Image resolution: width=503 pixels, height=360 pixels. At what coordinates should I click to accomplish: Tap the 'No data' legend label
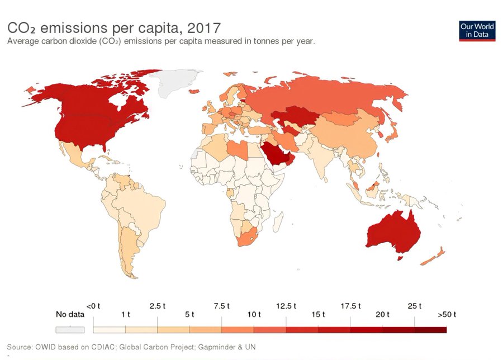point(70,314)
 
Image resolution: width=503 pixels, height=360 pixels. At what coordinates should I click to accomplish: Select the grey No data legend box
point(70,330)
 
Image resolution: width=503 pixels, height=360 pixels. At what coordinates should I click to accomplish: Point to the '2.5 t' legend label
point(158,306)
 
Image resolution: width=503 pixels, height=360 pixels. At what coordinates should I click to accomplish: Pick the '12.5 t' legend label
point(286,306)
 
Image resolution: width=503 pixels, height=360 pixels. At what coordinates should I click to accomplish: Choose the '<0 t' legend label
point(93,306)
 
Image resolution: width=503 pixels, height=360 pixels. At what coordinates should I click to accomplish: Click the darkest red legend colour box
point(430,330)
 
